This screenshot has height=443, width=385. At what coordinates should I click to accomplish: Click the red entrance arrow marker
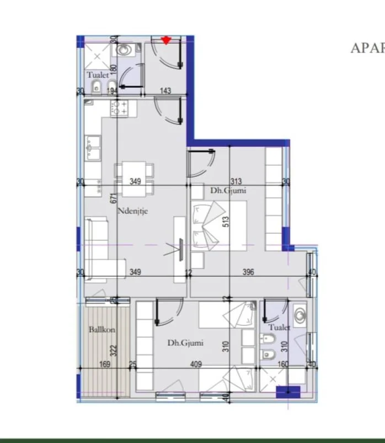166,40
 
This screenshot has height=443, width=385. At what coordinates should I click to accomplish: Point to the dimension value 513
226,221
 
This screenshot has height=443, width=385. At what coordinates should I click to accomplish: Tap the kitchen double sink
92,147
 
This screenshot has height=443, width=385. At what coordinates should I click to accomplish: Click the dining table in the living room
134,179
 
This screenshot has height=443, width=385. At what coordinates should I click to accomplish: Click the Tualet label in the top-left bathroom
97,75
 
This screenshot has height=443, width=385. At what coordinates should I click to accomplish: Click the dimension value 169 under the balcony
104,364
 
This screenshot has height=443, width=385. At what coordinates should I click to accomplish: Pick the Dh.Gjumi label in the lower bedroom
185,343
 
